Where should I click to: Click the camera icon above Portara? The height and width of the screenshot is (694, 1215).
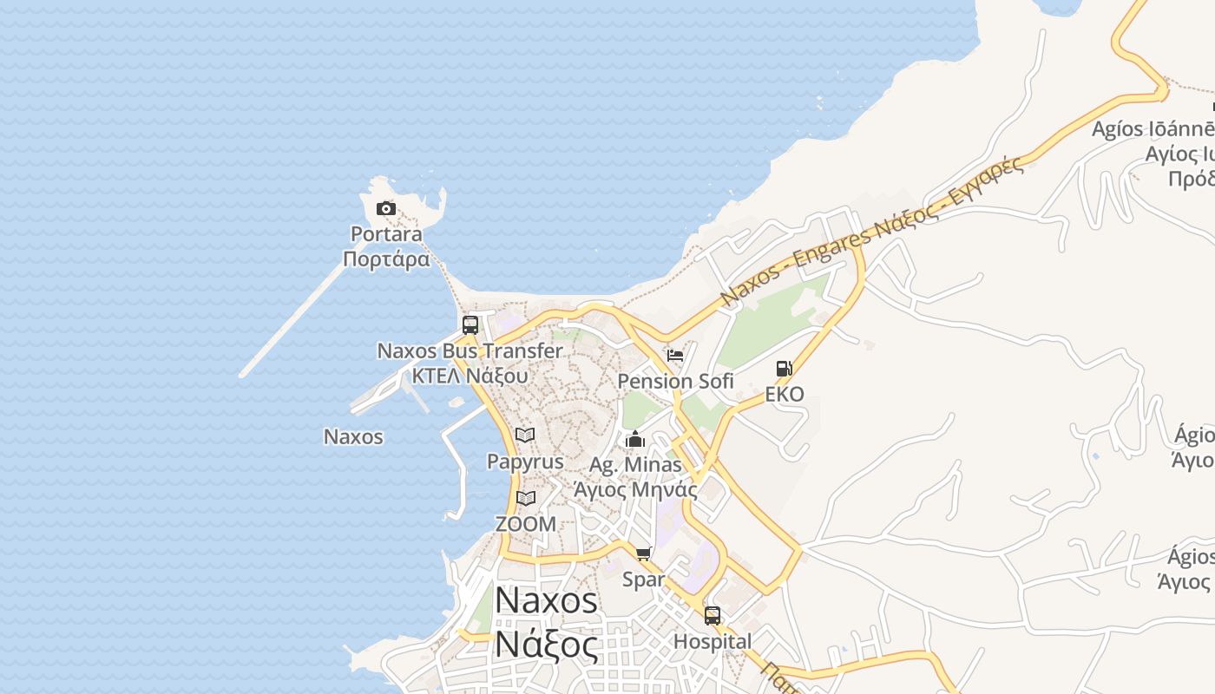tap(386, 208)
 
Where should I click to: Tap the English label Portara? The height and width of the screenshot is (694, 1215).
tap(386, 233)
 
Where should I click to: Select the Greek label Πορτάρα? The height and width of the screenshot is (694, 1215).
tap(386, 259)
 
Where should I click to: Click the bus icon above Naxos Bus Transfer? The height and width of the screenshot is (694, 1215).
tap(470, 325)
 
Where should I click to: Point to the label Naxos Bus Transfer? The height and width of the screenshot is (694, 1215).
tap(470, 350)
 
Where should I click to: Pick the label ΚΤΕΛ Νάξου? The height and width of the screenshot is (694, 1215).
tap(470, 376)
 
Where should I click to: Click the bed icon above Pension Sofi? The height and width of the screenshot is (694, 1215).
tap(675, 356)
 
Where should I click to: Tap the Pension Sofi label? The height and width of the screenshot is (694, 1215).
tap(675, 381)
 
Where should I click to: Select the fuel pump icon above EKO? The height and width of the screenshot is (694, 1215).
tap(784, 369)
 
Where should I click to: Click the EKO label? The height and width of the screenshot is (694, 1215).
tap(784, 394)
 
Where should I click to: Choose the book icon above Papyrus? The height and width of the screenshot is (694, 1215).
tap(525, 435)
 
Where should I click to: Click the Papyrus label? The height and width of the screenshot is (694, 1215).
tap(525, 461)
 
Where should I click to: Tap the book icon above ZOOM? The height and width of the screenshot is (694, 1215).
tap(525, 498)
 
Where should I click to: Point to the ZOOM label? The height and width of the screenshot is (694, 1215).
tap(525, 523)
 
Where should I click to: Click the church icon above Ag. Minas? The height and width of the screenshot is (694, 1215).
tap(635, 439)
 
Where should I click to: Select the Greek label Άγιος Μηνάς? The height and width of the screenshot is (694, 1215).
tap(635, 488)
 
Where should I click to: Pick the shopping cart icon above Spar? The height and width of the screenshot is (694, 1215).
tap(643, 554)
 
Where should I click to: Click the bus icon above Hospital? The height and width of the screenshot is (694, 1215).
tap(713, 616)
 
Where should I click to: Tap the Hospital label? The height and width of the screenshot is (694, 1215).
tap(713, 641)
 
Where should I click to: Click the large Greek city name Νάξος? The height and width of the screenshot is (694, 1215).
tap(547, 645)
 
